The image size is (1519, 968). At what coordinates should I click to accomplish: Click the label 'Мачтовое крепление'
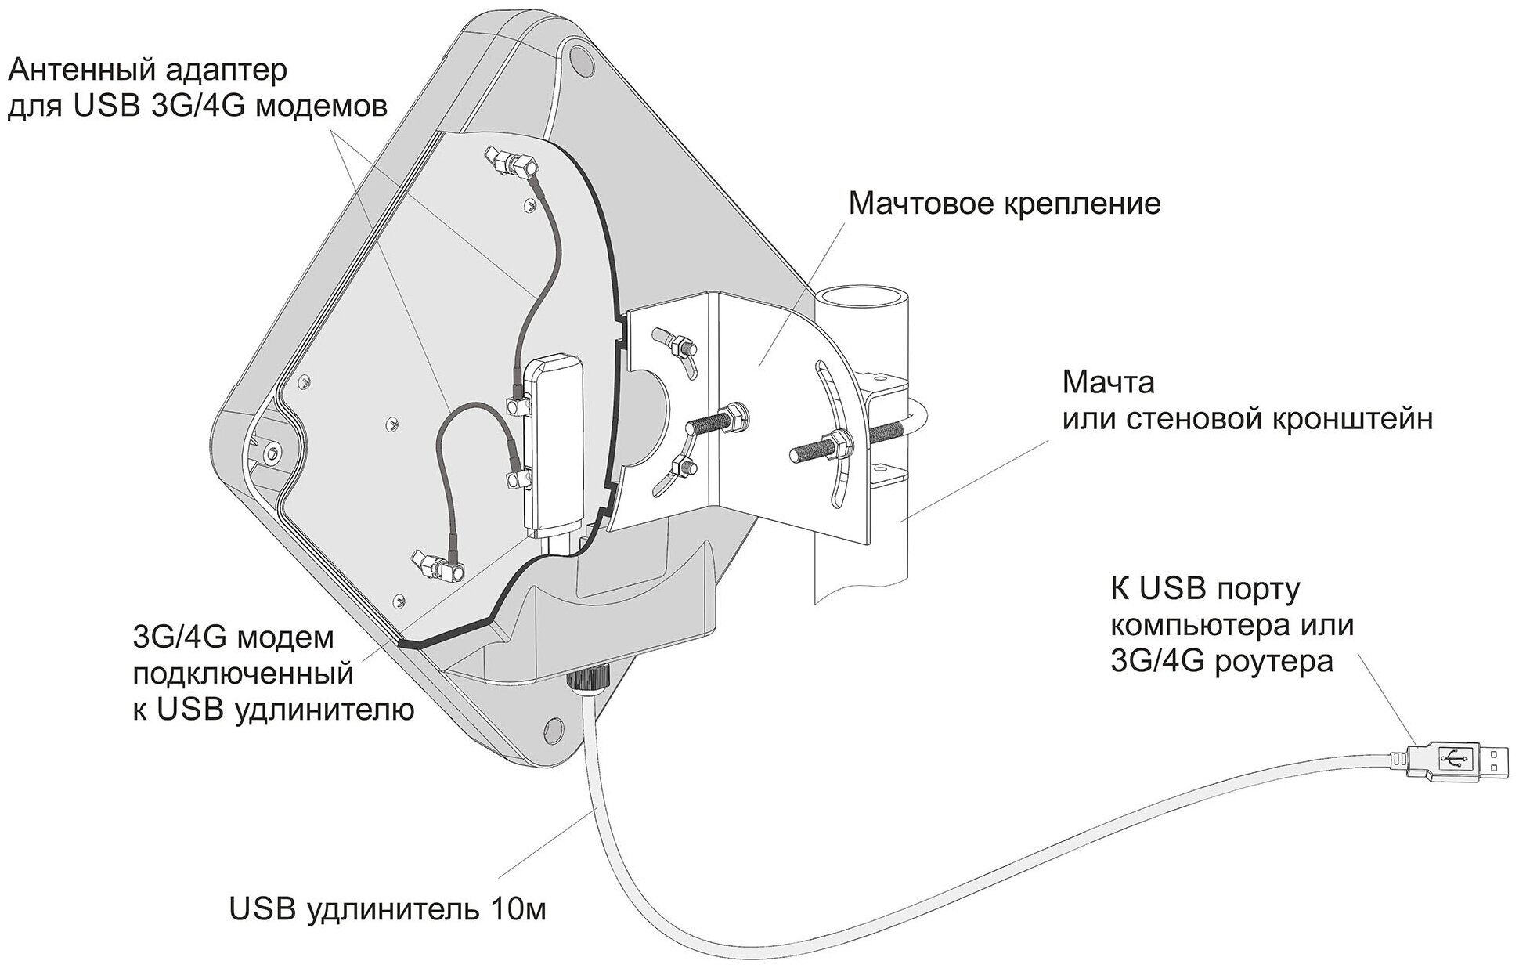coord(1005,205)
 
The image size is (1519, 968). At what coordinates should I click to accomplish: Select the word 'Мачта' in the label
coord(1108,384)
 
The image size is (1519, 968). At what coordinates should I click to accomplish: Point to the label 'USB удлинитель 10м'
coord(388,910)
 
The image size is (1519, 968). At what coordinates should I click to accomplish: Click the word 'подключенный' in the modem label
coord(244,674)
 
